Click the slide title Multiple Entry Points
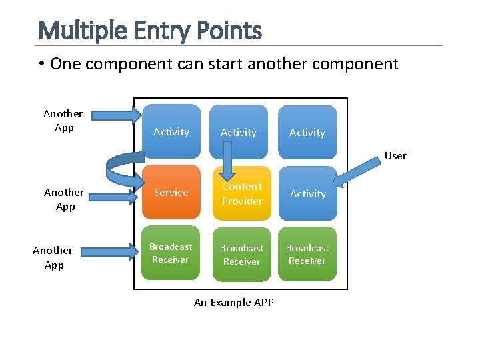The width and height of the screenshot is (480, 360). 150,31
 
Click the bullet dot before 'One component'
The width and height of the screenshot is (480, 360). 41,64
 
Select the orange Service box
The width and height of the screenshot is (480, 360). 171,193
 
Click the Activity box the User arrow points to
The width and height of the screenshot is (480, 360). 307,193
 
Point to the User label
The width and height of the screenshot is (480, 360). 395,155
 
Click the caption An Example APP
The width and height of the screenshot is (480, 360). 233,302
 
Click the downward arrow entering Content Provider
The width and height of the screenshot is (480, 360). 227,160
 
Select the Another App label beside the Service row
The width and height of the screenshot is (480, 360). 64,199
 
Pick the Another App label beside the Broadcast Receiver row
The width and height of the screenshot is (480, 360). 53,257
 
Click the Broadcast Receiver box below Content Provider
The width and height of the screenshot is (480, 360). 241,254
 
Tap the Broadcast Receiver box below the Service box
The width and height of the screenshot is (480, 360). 171,253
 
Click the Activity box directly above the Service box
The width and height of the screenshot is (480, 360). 171,132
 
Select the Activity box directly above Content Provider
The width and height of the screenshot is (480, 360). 239,133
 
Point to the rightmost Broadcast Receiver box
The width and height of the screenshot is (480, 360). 307,254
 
